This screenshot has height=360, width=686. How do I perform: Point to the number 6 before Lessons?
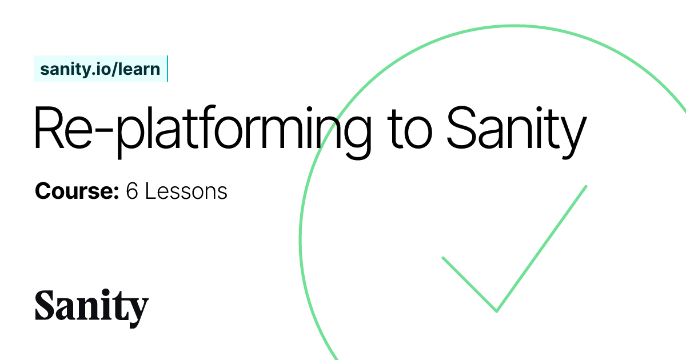132,191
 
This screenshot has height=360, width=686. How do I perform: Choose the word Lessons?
186,191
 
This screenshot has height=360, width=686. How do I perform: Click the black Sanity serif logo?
91,307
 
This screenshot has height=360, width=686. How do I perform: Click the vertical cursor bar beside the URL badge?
167,69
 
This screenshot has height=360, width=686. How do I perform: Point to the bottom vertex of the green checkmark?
496,311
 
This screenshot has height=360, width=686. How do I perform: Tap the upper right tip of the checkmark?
586,186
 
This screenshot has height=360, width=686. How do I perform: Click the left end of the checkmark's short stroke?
444,258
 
